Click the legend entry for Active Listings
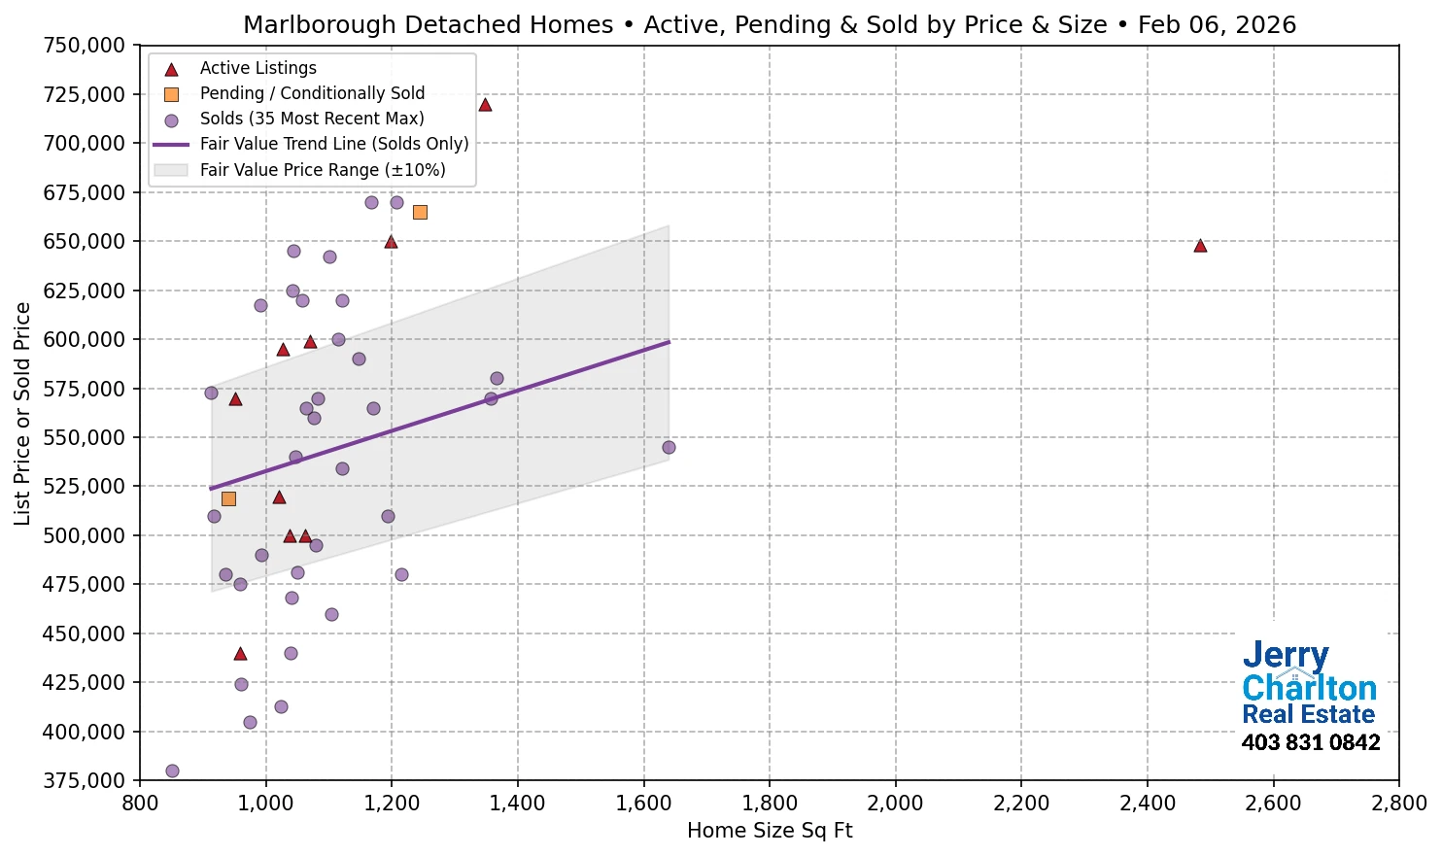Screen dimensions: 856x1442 point(257,68)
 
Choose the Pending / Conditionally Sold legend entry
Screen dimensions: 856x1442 point(312,93)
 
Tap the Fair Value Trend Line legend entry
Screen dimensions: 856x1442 point(333,144)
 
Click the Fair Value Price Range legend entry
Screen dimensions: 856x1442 point(322,170)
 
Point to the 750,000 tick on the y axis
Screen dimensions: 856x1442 point(85,46)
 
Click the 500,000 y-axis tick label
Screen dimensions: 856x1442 point(85,535)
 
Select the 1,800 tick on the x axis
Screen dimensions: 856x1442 point(770,804)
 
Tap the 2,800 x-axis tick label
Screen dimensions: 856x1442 point(1398,804)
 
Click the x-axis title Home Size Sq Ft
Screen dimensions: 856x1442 point(770,831)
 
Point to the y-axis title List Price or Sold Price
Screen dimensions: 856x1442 point(22,413)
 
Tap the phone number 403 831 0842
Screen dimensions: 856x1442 point(1310,743)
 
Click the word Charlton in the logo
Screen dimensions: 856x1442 point(1309,688)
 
